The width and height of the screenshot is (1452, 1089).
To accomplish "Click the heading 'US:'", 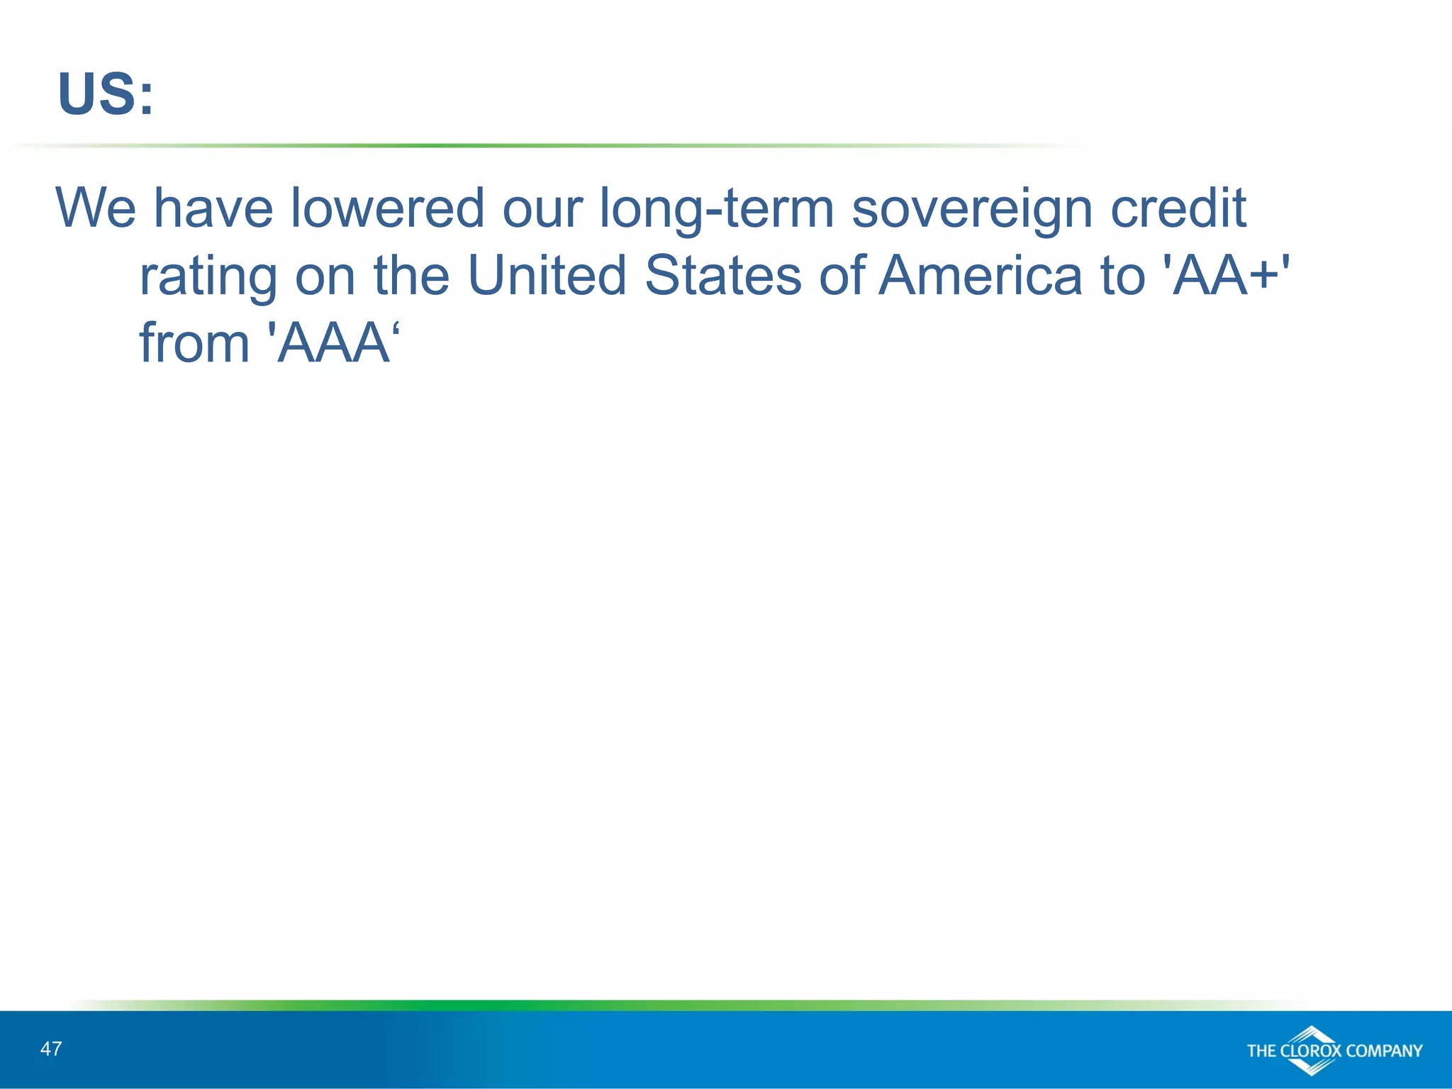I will point(105,94).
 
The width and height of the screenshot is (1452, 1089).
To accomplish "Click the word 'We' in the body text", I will point(96,208).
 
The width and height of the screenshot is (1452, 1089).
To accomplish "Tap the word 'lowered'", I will point(387,208).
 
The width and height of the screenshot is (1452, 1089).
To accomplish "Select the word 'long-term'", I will point(716,209).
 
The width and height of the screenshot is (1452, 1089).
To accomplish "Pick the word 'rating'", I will point(208,277).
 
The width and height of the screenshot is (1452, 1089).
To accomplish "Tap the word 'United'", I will point(547,275).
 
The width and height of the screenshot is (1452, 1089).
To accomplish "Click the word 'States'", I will point(722,275).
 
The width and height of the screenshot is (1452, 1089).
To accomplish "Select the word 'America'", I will point(980,275).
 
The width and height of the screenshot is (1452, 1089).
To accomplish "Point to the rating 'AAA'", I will point(333,343).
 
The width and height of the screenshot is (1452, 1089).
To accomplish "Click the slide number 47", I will point(51,1049).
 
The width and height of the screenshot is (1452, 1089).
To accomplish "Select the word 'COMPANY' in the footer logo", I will point(1383,1051).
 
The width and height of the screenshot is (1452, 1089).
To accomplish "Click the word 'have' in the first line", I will point(213,208).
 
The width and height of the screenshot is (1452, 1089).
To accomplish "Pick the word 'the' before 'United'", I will point(411,275).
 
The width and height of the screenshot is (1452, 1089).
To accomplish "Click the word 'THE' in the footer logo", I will point(1262,1051).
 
